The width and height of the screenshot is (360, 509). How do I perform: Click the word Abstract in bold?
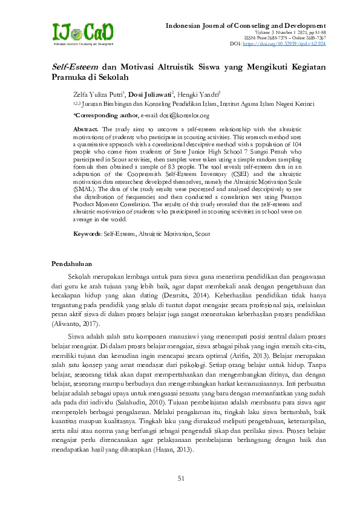[x=86, y=129]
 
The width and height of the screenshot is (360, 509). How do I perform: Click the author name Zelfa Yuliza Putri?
[x=98, y=94]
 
